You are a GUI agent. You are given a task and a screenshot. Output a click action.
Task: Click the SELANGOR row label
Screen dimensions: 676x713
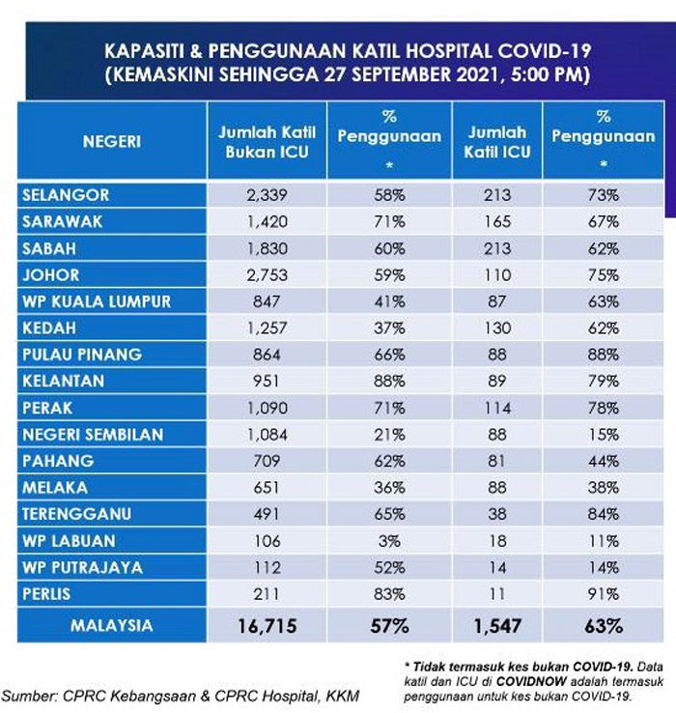point(66,195)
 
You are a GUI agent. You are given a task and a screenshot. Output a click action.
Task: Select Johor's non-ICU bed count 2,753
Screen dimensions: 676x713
point(267,275)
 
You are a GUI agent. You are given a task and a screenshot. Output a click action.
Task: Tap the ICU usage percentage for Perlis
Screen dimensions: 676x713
point(604,594)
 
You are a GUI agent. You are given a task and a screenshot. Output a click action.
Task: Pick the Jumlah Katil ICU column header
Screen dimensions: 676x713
point(497,142)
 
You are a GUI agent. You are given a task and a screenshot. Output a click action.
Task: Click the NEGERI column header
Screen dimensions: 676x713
point(112,142)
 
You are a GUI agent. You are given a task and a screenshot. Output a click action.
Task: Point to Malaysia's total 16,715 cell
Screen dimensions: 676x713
point(268,626)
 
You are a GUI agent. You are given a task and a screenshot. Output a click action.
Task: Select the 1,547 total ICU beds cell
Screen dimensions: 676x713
point(497,626)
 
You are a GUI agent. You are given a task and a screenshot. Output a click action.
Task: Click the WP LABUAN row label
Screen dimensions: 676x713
point(70,541)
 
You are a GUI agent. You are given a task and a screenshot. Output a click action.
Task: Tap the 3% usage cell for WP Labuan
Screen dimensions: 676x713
point(389,541)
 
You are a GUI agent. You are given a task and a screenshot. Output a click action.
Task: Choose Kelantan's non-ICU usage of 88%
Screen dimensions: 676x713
point(389,381)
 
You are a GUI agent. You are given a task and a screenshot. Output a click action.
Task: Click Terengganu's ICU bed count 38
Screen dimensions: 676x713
point(497,514)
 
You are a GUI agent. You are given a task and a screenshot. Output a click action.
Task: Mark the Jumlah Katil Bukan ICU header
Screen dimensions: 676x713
point(267,142)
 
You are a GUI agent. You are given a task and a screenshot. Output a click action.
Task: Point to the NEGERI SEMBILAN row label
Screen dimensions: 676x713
point(93,435)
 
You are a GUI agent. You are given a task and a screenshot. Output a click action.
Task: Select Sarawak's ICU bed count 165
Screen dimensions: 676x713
point(497,222)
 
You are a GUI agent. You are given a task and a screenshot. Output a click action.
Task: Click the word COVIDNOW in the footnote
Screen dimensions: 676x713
point(531,681)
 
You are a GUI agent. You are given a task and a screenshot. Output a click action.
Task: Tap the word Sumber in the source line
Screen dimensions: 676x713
point(29,696)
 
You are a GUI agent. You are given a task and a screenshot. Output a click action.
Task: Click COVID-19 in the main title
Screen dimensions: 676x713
point(544,51)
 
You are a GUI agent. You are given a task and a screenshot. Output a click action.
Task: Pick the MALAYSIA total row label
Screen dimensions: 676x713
point(112,626)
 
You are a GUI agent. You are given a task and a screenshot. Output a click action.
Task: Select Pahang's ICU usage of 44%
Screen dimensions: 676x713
point(604,461)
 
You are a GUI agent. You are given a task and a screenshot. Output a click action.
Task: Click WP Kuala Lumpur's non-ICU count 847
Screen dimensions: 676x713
point(267,301)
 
